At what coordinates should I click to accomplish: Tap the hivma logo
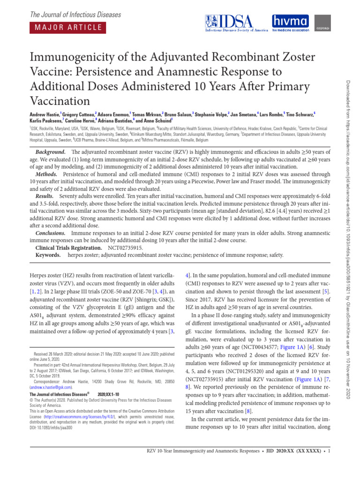(x=291, y=23)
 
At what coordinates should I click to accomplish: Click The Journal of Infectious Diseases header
(x=75, y=15)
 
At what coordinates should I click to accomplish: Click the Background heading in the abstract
(x=50, y=140)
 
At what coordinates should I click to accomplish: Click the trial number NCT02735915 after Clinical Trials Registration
(x=125, y=247)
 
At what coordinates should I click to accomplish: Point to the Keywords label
(x=48, y=255)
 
